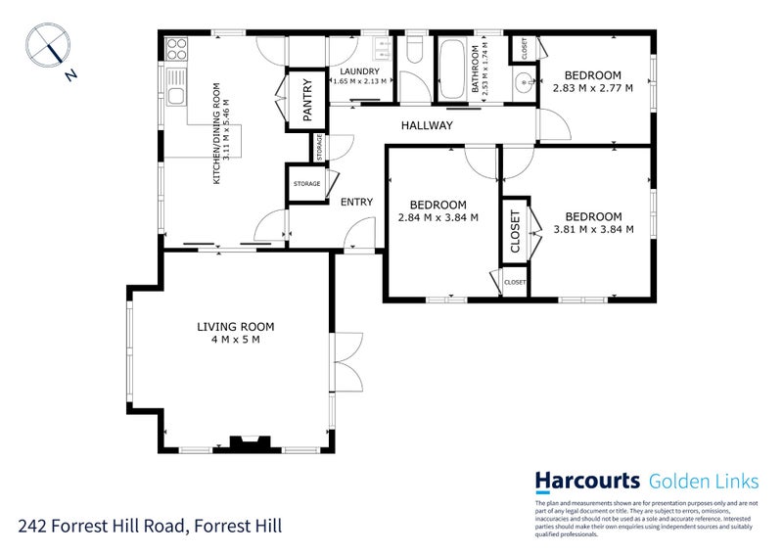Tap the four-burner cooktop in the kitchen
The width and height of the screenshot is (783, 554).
pos(175,48)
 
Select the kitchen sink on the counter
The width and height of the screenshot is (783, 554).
pos(176,95)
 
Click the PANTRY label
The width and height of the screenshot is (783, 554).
pos(306,100)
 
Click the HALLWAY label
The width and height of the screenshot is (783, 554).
pos(426,126)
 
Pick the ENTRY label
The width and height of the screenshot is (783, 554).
pos(355,203)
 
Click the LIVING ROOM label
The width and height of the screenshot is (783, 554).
pos(235,327)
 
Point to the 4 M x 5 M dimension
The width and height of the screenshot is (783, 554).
pos(235,340)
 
